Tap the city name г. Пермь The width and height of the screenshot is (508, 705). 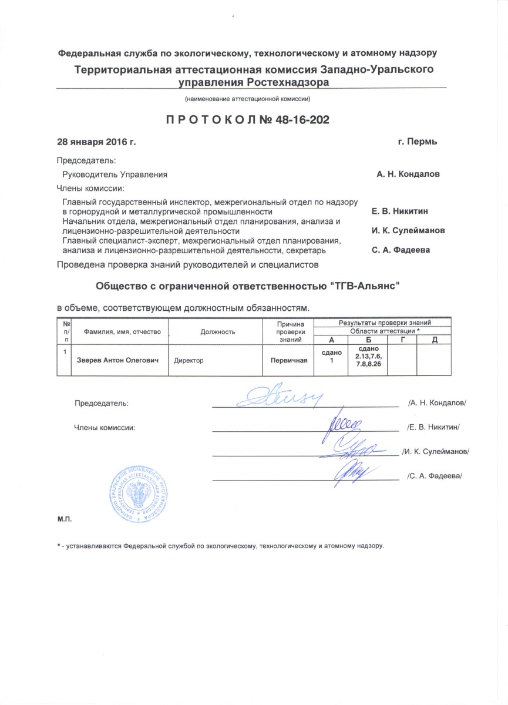tap(417, 142)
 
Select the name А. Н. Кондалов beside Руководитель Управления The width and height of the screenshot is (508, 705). tap(408, 174)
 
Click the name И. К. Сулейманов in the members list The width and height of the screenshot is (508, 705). tap(408, 230)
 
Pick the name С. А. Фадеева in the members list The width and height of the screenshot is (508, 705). tap(401, 250)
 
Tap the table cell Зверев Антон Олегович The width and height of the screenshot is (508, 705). tap(118, 360)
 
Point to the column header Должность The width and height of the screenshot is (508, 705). tap(217, 331)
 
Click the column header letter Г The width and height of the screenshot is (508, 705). tap(402, 340)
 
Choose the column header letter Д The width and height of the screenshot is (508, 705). tap(434, 340)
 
